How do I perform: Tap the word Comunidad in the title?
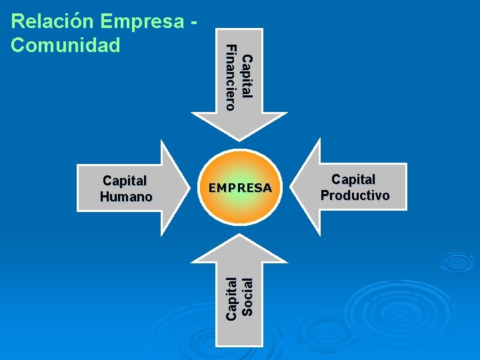[x=65, y=45]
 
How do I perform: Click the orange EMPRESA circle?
[x=239, y=188]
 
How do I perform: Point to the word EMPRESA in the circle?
[x=239, y=188]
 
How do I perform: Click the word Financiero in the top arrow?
[x=231, y=77]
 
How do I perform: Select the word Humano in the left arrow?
[x=126, y=197]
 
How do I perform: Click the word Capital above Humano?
[x=125, y=180]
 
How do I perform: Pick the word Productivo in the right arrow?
[x=355, y=195]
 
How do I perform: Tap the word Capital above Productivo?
[x=353, y=179]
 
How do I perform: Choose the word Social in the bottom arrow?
[x=247, y=297]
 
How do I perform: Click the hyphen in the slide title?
[x=193, y=21]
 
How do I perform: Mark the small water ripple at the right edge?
[x=458, y=261]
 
